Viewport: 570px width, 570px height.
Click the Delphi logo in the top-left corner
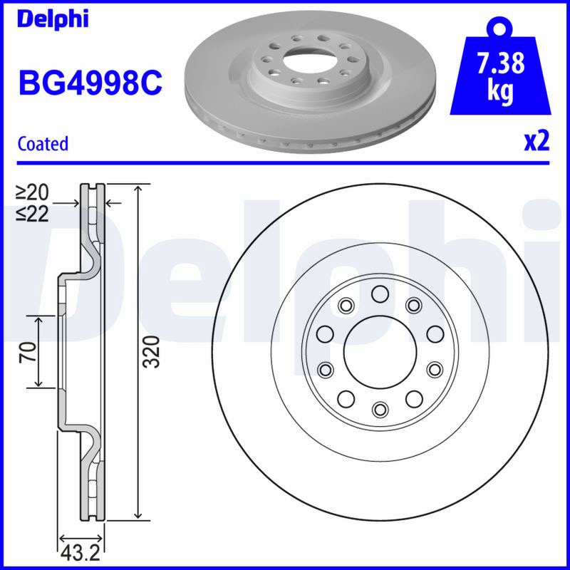53,19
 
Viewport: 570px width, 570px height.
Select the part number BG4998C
90,83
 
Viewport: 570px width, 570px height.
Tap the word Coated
43,144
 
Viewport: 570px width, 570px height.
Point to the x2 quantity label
537,142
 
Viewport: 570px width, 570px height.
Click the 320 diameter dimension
152,352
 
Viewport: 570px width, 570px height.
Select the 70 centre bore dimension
28,351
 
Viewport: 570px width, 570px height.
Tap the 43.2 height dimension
81,554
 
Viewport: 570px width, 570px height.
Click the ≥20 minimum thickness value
33,192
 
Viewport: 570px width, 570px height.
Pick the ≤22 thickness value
33,214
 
